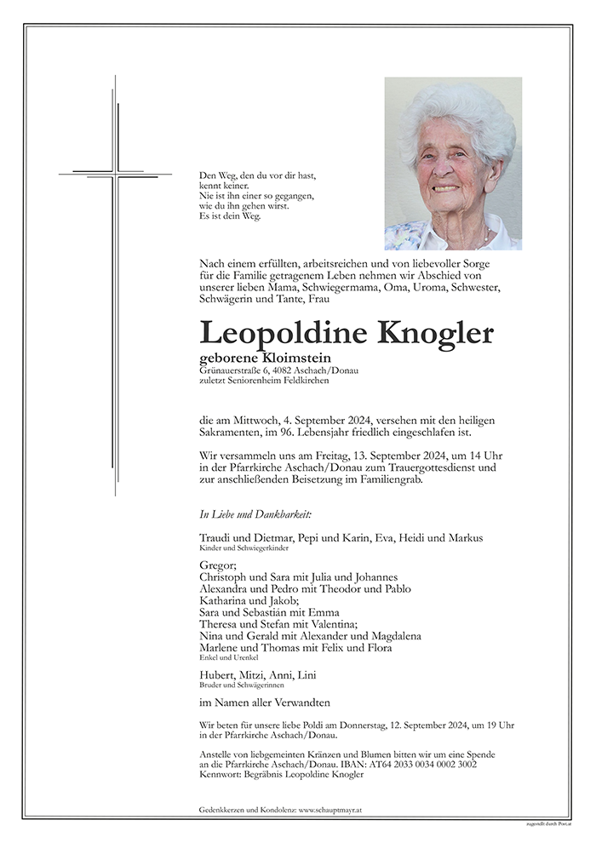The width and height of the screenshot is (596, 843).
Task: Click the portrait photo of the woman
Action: coord(453,163)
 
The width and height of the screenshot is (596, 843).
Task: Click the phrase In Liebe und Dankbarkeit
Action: coord(244,514)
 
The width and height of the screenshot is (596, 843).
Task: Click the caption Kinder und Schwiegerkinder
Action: coord(238,549)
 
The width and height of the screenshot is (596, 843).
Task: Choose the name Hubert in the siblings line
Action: coord(216,675)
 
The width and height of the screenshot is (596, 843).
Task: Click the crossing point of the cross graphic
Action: coord(116,175)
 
